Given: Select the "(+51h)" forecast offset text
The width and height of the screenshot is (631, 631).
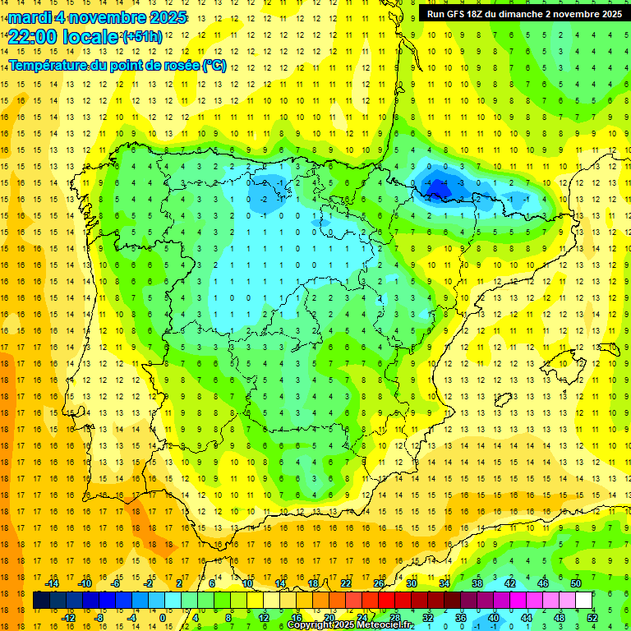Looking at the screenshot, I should [x=143, y=37].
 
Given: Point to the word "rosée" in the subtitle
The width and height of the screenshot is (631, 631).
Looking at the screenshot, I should [x=178, y=66].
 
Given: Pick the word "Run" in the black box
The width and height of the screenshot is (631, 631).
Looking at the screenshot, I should [x=436, y=13].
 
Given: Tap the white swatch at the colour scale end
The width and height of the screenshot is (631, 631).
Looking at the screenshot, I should [x=583, y=601].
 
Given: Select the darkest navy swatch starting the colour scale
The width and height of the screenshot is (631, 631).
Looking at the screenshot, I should [x=41, y=601].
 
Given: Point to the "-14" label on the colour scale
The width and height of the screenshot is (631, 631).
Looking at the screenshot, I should [x=52, y=583].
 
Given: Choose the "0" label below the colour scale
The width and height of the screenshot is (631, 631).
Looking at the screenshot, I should [x=163, y=618].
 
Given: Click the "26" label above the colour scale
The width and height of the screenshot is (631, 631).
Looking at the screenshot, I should [x=379, y=583].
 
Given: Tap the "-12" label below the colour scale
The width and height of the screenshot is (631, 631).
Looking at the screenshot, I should [x=68, y=618].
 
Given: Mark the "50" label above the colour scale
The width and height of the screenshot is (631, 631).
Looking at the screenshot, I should [x=576, y=583].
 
